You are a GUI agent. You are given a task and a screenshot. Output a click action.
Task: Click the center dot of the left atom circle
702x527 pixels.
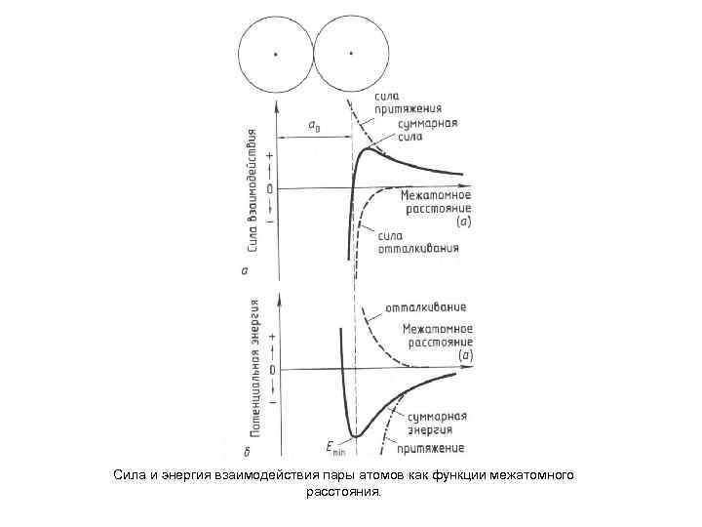[x=276, y=54]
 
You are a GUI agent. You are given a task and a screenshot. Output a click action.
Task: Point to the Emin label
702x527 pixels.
[x=336, y=447]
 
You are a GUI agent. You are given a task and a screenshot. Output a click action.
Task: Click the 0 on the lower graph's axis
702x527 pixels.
[x=272, y=371]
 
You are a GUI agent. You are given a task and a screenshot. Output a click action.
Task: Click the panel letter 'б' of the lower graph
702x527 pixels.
[x=249, y=452]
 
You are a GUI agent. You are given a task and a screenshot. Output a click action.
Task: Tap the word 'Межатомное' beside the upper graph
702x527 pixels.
[x=436, y=195]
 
